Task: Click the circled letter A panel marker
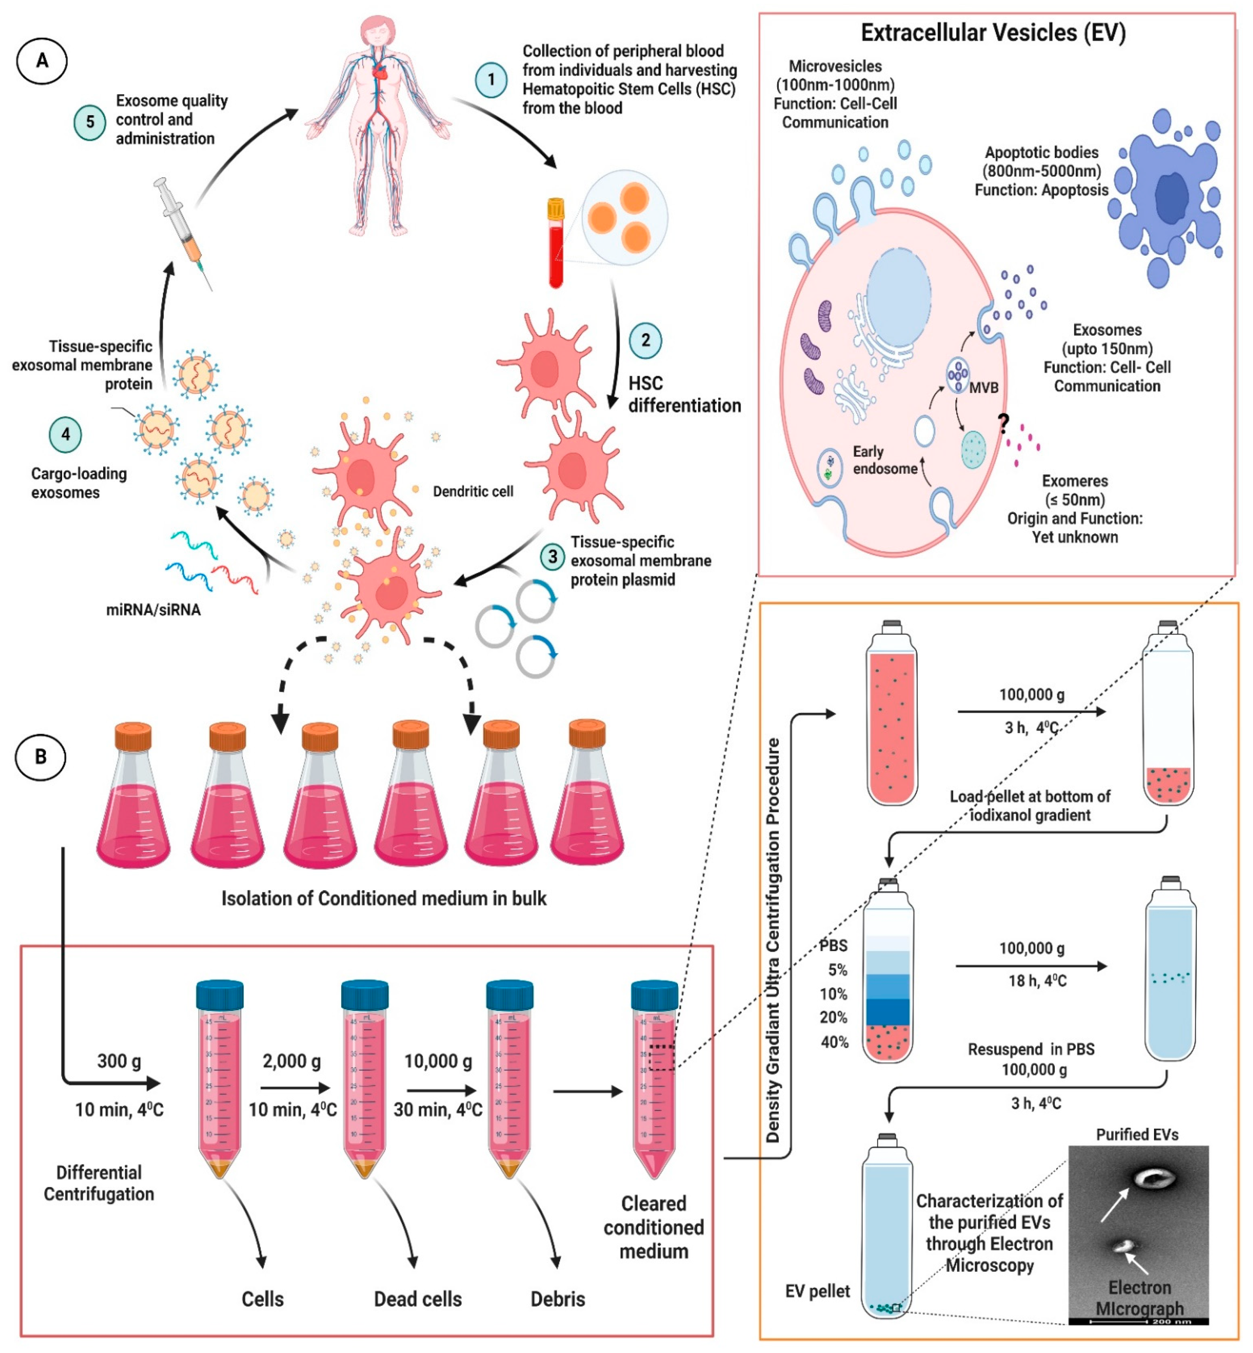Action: click(42, 61)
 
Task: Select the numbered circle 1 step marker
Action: click(491, 80)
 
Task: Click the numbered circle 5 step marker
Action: click(89, 123)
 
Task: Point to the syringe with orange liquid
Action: click(183, 230)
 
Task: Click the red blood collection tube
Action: click(556, 244)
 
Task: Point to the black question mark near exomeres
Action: click(1004, 424)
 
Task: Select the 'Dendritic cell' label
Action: click(473, 491)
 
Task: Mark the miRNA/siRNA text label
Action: click(153, 610)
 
